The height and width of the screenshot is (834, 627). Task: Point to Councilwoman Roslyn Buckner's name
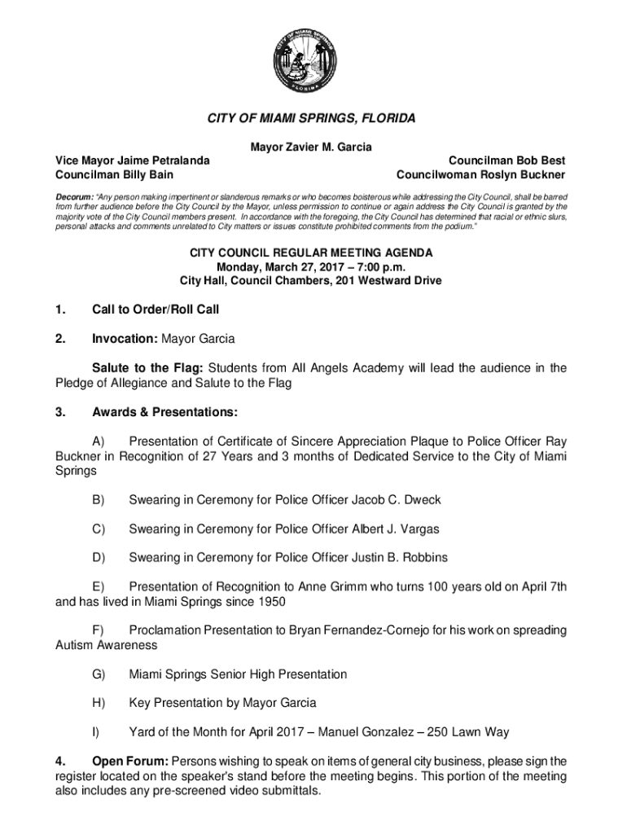pos(480,174)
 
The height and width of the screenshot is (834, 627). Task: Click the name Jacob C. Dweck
pos(394,499)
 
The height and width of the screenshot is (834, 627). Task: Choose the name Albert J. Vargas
pos(393,529)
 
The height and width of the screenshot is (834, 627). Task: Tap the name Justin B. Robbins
pos(397,558)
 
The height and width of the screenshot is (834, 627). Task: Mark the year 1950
pos(270,602)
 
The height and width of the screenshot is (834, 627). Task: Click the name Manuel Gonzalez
pos(386,731)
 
